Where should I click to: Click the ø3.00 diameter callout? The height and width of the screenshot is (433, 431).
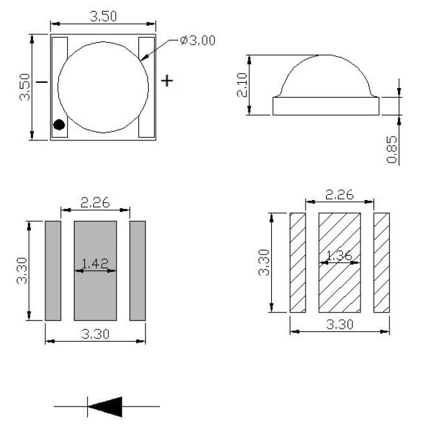[x=198, y=40]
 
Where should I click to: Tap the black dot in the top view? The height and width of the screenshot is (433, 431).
[x=59, y=125]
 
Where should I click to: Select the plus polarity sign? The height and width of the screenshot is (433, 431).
[x=167, y=80]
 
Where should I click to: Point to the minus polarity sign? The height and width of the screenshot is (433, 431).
[x=42, y=82]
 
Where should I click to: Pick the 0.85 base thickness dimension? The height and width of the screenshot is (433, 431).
[x=393, y=149]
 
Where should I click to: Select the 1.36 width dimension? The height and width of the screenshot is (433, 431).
[x=338, y=256]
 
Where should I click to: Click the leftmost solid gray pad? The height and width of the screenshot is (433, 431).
[x=52, y=270]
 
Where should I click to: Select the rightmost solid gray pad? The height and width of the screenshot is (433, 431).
[x=138, y=270]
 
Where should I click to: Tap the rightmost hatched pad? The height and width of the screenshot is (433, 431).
[x=382, y=262]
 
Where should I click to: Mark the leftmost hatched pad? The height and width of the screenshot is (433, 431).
[x=297, y=262]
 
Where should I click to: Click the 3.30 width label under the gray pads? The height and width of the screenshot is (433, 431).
[x=94, y=335]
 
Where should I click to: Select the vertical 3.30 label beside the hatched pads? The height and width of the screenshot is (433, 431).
[x=263, y=262]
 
